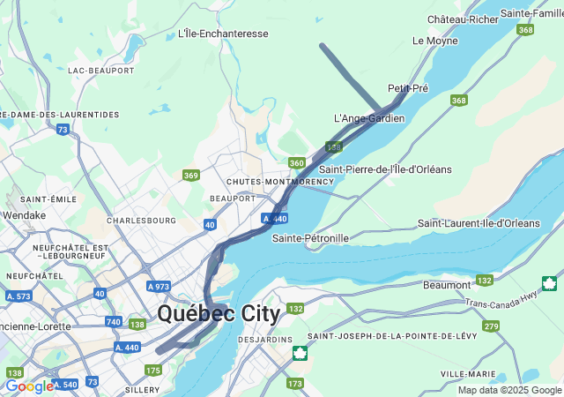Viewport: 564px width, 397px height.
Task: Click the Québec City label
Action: (x=219, y=313)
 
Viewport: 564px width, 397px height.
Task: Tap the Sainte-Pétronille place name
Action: (x=310, y=238)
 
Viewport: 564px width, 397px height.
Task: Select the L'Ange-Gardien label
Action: (x=369, y=118)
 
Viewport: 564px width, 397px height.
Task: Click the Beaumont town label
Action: (x=447, y=285)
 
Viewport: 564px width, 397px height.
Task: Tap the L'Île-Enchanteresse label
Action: (x=223, y=34)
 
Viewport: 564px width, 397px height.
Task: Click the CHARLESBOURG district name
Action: (x=141, y=220)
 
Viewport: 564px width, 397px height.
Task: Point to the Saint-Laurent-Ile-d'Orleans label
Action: (x=479, y=223)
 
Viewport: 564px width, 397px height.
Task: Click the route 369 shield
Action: (x=190, y=176)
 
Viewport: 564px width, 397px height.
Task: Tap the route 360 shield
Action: (x=296, y=163)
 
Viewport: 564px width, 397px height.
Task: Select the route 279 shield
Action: (x=491, y=326)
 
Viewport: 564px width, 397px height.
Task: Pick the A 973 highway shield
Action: (x=159, y=287)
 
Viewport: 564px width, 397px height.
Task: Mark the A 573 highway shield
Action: (x=18, y=296)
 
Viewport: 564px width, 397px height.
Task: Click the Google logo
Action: (x=29, y=386)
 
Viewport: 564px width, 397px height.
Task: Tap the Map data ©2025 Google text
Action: (x=509, y=390)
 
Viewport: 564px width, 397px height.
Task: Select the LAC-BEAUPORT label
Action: (x=100, y=70)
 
